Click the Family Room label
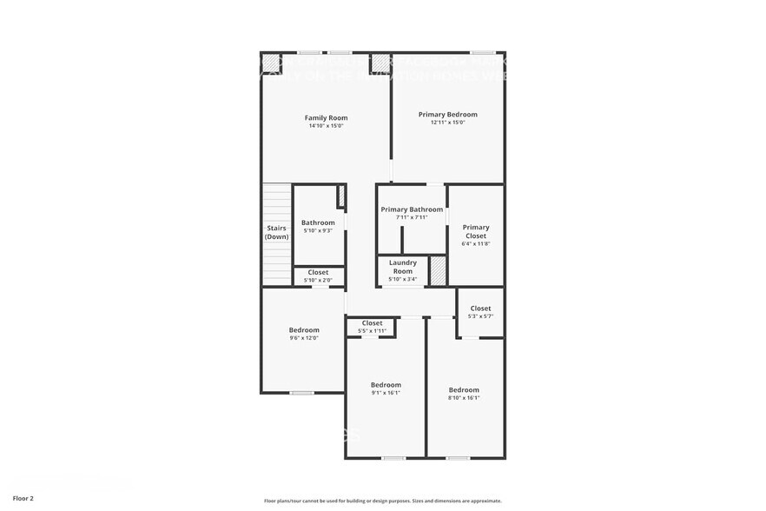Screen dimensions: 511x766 click(x=326, y=117)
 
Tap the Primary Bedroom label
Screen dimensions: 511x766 click(x=447, y=114)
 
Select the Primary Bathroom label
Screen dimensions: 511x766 click(x=412, y=209)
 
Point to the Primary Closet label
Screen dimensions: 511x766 click(x=476, y=231)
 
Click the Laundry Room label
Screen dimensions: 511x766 click(x=402, y=266)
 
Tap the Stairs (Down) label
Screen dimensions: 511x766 click(x=277, y=232)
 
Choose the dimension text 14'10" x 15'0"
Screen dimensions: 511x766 click(x=326, y=126)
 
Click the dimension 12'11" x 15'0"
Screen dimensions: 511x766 click(x=447, y=123)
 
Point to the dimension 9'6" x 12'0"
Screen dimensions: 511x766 click(x=304, y=338)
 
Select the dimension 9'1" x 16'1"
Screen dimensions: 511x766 click(x=386, y=393)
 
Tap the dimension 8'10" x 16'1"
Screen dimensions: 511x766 click(x=464, y=398)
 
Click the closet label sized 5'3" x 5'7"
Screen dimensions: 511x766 click(x=480, y=309)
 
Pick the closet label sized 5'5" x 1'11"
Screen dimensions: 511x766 click(x=372, y=323)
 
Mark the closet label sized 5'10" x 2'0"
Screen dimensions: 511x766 click(x=318, y=272)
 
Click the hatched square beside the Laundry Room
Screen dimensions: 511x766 click(x=438, y=270)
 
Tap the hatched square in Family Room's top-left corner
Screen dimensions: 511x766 click(x=272, y=63)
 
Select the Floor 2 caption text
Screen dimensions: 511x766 click(x=23, y=499)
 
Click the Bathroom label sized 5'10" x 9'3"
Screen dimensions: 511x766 click(x=318, y=222)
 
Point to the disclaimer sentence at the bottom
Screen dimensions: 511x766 click(x=382, y=501)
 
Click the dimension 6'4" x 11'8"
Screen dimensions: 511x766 click(x=476, y=243)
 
